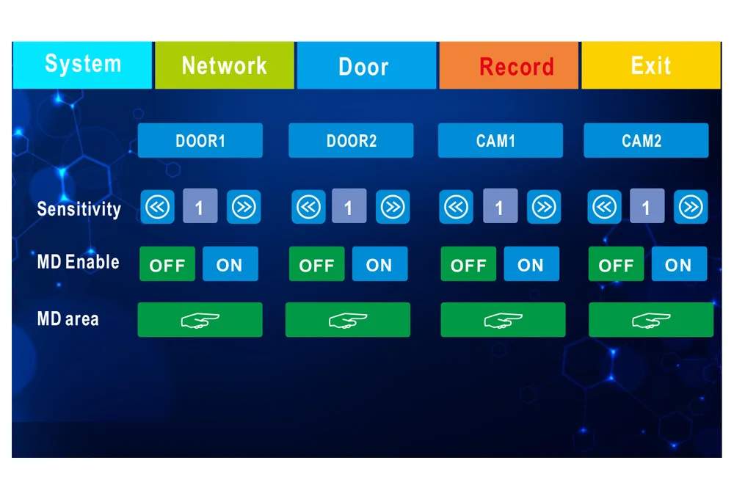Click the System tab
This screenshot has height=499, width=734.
tap(82, 65)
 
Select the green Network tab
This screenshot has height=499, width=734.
tap(224, 65)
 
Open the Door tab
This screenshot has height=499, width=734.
tap(364, 66)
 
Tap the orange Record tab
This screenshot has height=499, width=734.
tap(516, 66)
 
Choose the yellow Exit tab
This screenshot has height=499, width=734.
tap(651, 65)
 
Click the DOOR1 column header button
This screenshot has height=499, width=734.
tap(200, 140)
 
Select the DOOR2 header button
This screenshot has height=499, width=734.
tap(351, 140)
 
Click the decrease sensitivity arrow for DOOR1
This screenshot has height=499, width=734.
tap(158, 208)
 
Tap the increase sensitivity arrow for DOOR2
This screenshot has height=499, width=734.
tap(393, 208)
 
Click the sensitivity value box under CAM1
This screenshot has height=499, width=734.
tap(500, 208)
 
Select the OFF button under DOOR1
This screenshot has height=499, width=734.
tap(167, 264)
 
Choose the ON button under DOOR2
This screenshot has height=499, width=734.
tap(379, 264)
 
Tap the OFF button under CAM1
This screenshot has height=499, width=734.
tap(468, 264)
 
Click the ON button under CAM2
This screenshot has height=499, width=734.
tap(678, 264)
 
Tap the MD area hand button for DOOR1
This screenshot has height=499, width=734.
tap(200, 320)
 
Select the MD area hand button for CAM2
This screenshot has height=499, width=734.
tap(650, 320)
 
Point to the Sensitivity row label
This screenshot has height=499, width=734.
tap(79, 209)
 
